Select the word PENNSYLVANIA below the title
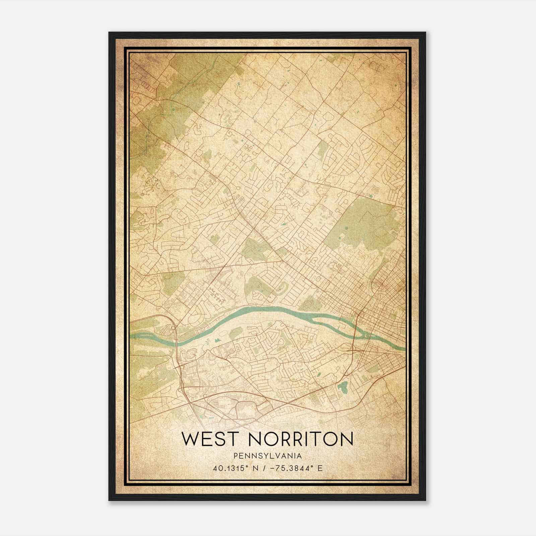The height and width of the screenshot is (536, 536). click(267, 456)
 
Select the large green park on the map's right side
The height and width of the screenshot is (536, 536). click(365, 221)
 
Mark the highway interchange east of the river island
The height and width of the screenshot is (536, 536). click(353, 350)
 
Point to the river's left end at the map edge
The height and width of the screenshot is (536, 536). click(132, 336)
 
